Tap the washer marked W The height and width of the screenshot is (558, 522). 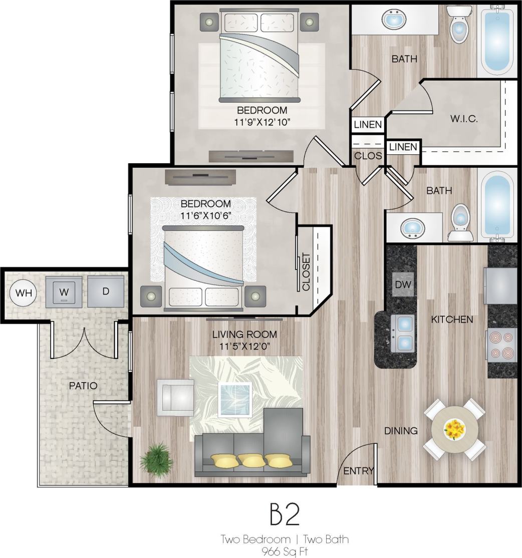63,292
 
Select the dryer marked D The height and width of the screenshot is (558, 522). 106,291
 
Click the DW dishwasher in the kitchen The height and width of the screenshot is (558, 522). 403,285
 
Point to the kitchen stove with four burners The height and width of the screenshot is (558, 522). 502,345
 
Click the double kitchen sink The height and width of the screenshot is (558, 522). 403,333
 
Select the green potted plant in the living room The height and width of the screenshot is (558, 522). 156,457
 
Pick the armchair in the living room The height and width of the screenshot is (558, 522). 175,397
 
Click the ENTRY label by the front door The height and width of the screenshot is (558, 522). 359,470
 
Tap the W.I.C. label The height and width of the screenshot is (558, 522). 463,119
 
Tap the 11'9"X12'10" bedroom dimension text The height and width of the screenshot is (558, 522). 262,122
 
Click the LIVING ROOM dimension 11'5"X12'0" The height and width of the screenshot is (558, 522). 244,346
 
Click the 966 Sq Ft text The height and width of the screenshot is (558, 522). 285,551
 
